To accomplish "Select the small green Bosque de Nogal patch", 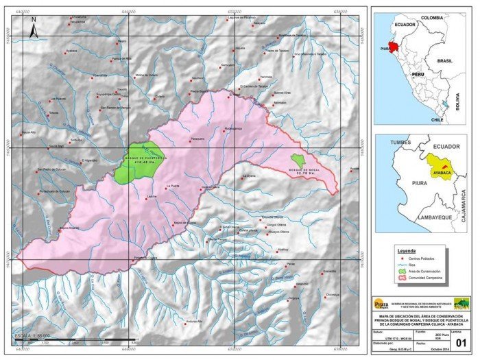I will [297, 160].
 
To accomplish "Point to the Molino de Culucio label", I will [147, 75].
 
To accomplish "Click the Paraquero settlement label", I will [197, 139].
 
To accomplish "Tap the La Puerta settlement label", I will [171, 186].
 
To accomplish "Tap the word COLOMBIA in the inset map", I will [432, 18].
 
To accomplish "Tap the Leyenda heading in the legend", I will [408, 251].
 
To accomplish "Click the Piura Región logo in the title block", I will [381, 303].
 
